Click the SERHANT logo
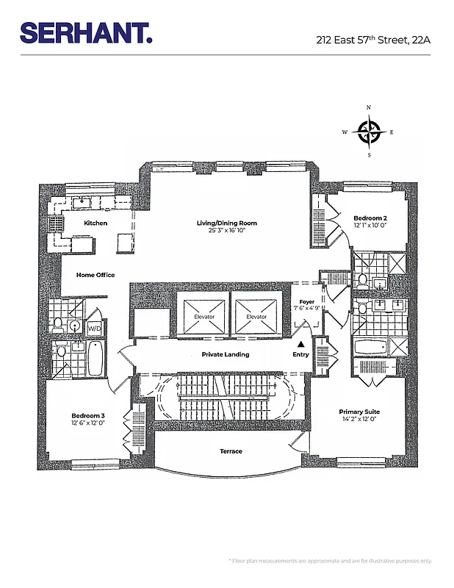(86, 33)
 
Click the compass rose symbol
(368, 132)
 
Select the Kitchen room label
(96, 223)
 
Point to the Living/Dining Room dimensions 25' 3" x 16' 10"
(226, 231)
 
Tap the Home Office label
(96, 275)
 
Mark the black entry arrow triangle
(300, 343)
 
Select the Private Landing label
(226, 354)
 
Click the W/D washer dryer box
(95, 328)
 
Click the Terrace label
(231, 451)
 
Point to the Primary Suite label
(359, 412)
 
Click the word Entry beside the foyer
(301, 355)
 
